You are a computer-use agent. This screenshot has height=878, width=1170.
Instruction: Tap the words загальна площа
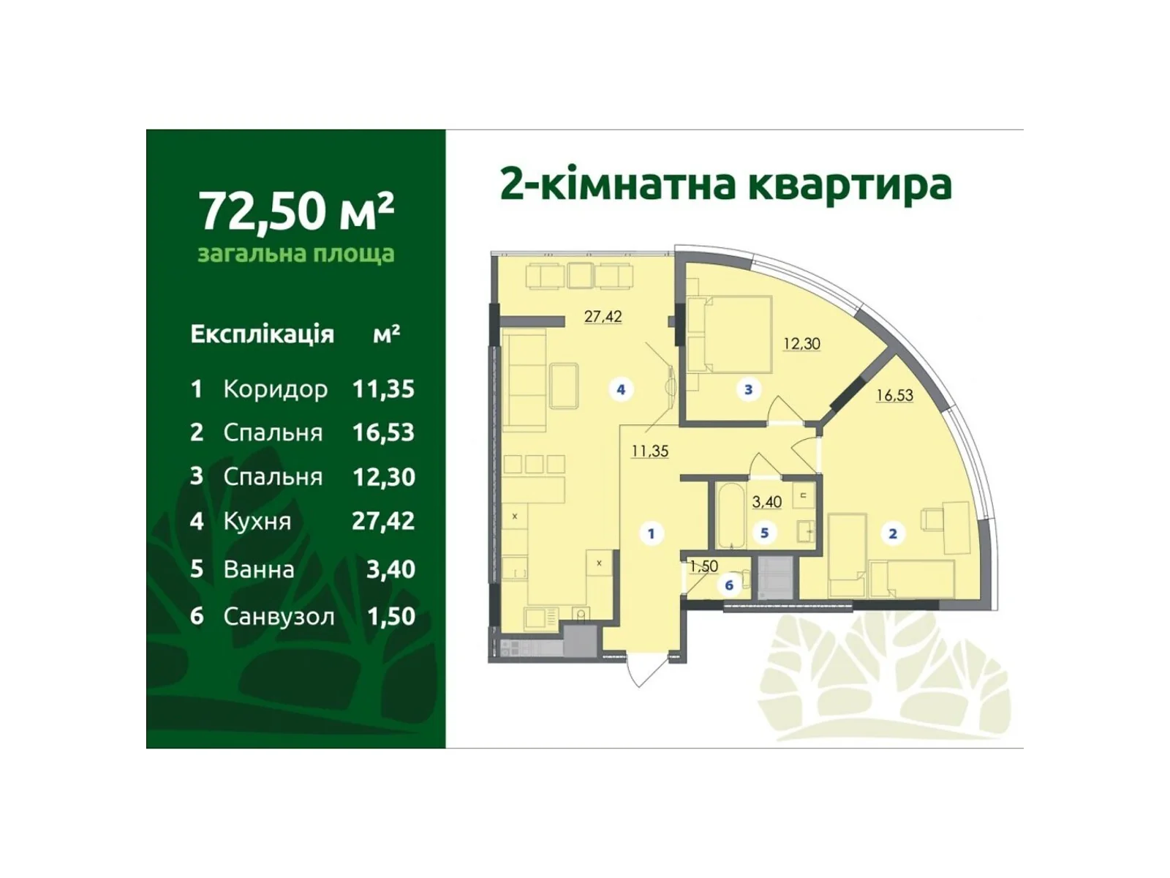(296, 254)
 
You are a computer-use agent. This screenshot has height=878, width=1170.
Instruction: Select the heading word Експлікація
(262, 334)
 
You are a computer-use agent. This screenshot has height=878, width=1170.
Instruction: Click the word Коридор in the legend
(275, 389)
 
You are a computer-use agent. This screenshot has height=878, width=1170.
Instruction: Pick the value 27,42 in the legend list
(383, 521)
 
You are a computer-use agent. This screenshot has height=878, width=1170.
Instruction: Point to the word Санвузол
(279, 617)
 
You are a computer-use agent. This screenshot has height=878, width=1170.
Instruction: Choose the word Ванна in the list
(259, 569)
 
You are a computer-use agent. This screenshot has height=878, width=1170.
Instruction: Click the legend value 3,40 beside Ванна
(390, 569)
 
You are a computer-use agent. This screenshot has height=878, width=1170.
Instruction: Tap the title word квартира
(848, 184)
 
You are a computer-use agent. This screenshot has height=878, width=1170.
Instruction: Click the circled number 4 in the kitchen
(621, 390)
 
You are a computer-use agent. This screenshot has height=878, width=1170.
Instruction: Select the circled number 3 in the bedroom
(748, 390)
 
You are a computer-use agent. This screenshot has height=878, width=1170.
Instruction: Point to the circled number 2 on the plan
(892, 534)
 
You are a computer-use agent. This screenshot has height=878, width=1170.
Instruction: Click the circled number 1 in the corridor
(652, 534)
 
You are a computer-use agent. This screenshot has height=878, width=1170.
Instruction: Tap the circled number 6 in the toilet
(729, 585)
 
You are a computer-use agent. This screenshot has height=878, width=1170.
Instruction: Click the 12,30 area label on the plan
(801, 344)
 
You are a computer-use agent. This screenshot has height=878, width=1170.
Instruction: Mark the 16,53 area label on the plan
(894, 396)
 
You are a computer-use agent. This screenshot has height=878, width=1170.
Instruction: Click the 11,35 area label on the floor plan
(650, 451)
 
